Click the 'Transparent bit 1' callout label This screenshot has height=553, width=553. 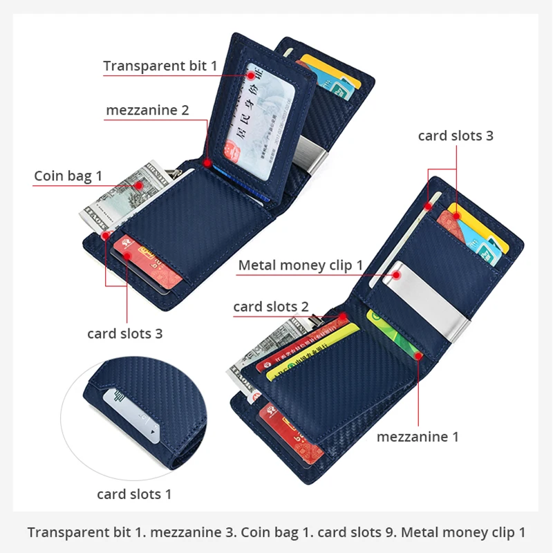(x=160, y=66)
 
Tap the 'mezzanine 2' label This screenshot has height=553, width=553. (x=147, y=110)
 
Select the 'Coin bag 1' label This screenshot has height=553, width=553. (x=68, y=176)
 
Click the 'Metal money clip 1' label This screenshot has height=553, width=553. (x=301, y=265)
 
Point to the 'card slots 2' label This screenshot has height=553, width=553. (x=271, y=306)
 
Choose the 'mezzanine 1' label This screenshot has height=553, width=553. (x=418, y=436)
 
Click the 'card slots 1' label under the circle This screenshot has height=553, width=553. (x=134, y=494)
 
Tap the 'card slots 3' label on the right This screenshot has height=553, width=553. (x=456, y=135)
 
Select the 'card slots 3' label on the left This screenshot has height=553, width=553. (x=124, y=333)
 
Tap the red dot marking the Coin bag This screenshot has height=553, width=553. (x=139, y=185)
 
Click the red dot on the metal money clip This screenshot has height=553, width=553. (x=397, y=274)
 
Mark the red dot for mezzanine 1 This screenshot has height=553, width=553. (x=419, y=356)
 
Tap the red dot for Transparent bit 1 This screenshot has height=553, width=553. (x=250, y=71)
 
